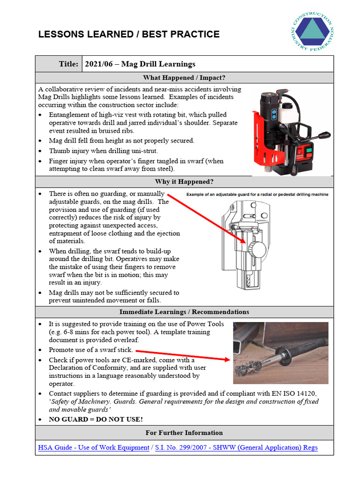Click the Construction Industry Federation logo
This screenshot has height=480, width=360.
pos(313,31)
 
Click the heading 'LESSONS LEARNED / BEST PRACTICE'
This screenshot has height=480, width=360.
pos(128,34)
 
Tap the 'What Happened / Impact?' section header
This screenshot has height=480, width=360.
pos(184,78)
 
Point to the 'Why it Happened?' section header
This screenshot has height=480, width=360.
pos(184,181)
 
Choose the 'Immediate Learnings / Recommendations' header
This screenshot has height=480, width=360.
pos(184,312)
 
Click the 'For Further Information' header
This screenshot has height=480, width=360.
pos(184,433)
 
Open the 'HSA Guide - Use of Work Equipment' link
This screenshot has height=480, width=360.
pos(94,448)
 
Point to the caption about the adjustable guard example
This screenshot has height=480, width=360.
pos(257,194)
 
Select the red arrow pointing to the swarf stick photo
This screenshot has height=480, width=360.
pos(183,355)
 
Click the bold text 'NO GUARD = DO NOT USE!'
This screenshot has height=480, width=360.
pos(96,419)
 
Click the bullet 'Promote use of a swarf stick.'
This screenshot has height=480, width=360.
pos(91,350)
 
